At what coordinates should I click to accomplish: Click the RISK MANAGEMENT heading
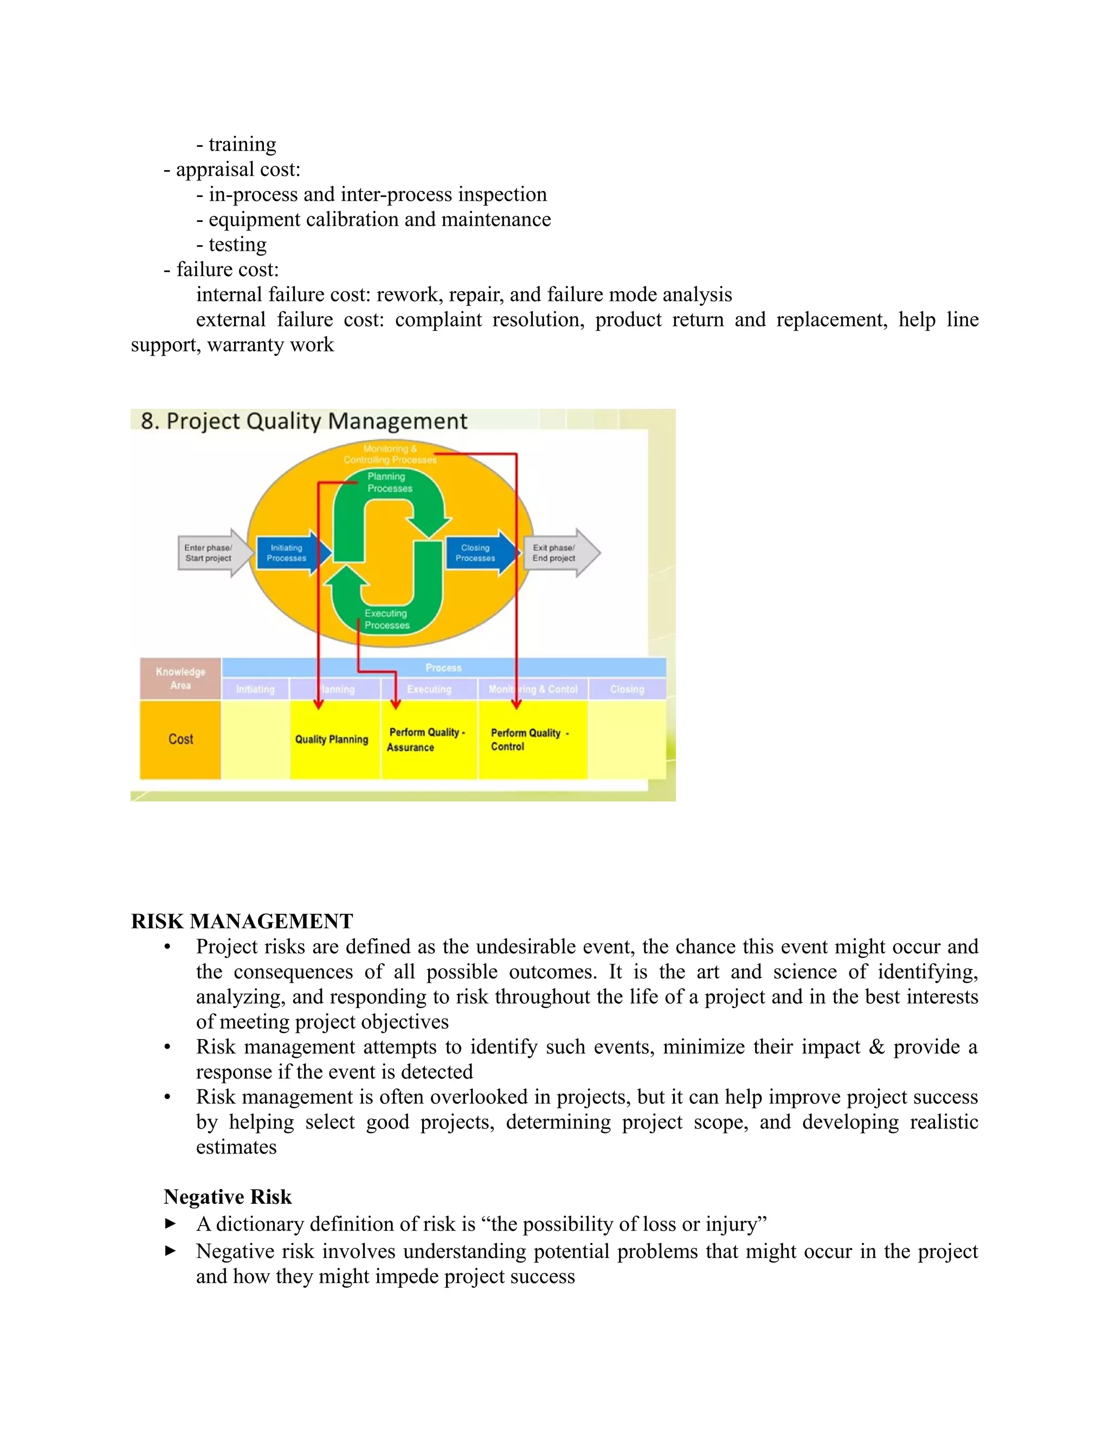tap(242, 921)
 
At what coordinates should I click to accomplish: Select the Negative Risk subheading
tap(228, 1196)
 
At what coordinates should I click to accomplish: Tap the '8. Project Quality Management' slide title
tap(304, 421)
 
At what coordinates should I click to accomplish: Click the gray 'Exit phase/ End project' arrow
tap(558, 553)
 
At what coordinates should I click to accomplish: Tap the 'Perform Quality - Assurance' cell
tap(428, 740)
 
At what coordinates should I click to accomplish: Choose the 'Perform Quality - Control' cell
tap(530, 740)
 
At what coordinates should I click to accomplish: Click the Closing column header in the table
tap(627, 689)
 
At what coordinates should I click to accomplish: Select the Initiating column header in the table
tap(255, 689)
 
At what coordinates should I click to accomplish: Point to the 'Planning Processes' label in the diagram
tap(389, 482)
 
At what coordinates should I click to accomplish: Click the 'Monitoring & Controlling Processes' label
tap(389, 454)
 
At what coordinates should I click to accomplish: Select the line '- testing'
tap(231, 245)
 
